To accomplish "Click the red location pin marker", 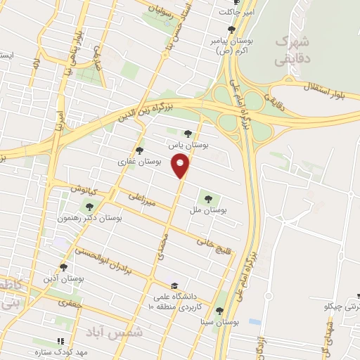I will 181,167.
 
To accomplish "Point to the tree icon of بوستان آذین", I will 64,267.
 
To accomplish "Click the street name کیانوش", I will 82,188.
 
